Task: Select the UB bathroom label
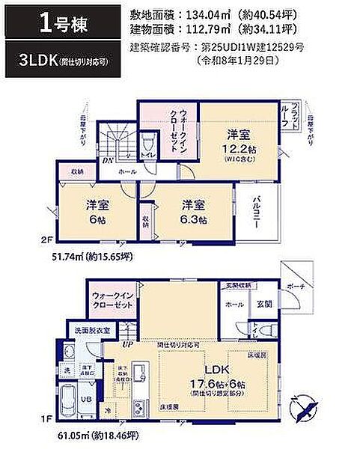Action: coord(87,398)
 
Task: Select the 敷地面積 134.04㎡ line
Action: coord(217,13)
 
